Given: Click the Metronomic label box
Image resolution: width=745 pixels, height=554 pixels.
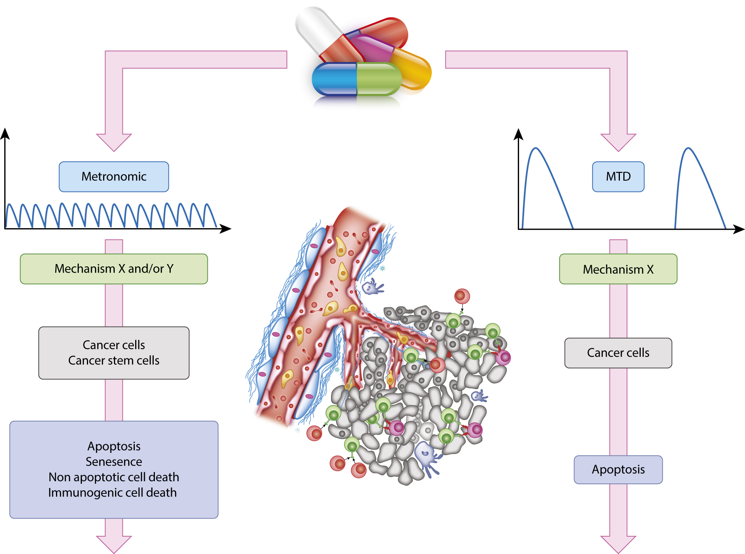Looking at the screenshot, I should (114, 177).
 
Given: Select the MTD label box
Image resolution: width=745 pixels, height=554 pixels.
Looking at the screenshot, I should (618, 177).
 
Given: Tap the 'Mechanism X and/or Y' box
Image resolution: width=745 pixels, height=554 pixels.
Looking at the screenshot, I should (114, 269).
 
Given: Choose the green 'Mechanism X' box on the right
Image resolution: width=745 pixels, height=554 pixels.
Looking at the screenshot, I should (618, 269).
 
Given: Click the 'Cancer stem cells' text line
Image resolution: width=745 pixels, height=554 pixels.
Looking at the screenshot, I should (114, 361).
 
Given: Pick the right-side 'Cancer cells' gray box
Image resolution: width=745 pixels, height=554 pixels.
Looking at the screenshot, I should (618, 353).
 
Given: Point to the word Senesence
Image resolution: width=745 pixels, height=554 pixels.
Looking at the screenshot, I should (114, 462).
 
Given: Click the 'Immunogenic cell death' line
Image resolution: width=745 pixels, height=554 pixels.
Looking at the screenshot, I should (112, 493).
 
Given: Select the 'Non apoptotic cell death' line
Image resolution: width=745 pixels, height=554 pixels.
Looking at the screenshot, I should (114, 477).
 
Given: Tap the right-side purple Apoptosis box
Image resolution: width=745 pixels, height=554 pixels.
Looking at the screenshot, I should (618, 469).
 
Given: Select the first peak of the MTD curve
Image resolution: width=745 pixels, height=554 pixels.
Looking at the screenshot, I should (536, 148).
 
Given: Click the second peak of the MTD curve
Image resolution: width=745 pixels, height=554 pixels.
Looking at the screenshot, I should (688, 148).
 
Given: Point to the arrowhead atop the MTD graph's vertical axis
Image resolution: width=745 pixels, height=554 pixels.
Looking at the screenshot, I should (518, 134).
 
